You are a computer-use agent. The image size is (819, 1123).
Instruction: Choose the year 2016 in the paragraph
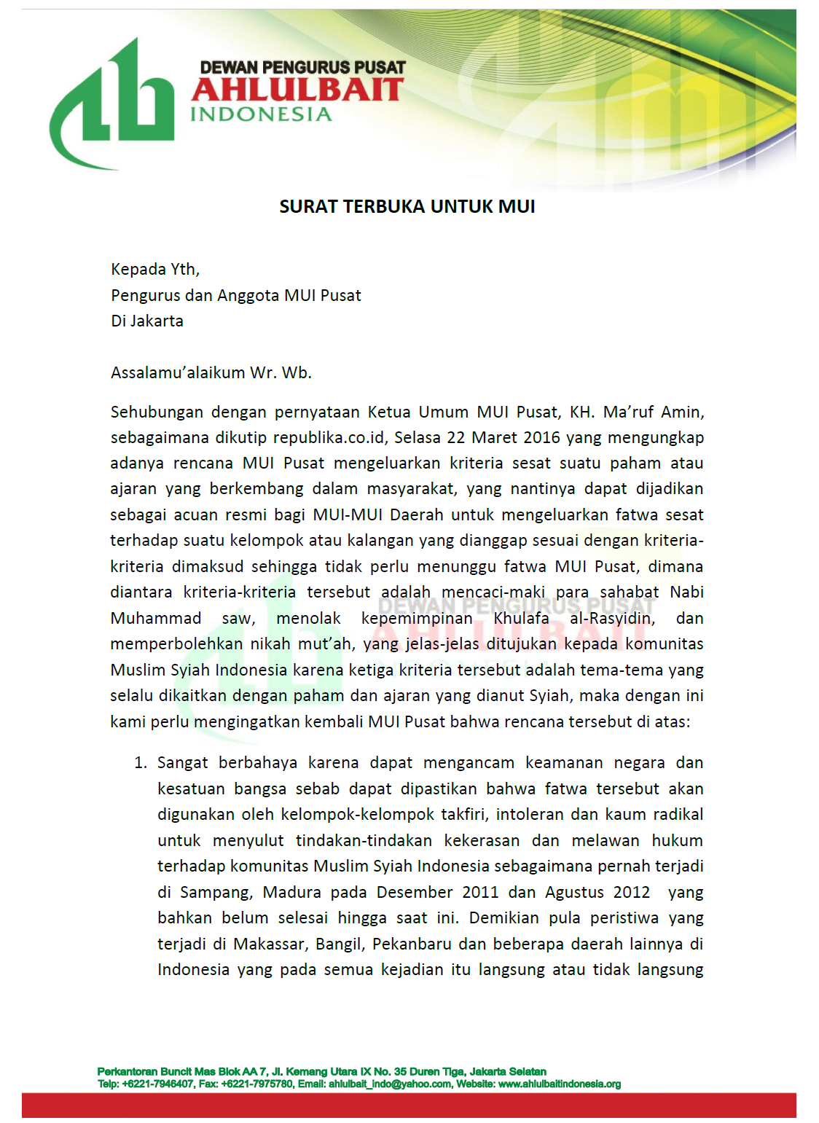(x=542, y=438)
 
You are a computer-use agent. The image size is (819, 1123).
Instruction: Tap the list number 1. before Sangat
(x=141, y=763)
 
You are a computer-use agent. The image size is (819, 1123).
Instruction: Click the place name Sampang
(x=216, y=893)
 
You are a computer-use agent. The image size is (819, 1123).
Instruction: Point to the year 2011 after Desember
(x=481, y=893)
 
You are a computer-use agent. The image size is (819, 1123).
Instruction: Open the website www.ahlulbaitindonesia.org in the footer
(x=560, y=1084)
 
